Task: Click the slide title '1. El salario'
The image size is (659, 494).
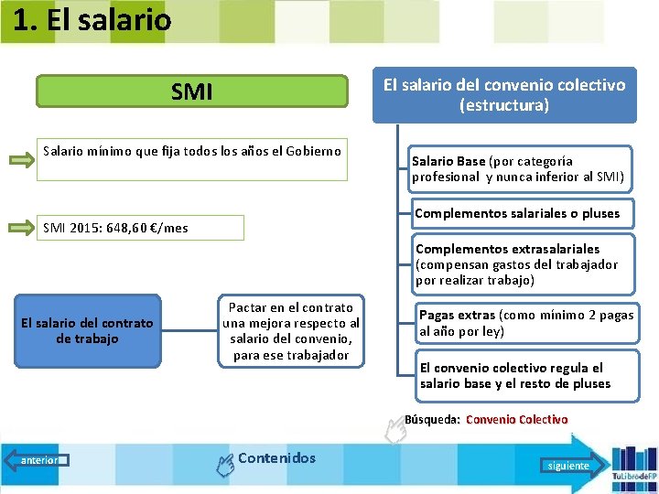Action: click(x=92, y=19)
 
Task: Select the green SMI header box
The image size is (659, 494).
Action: click(x=192, y=91)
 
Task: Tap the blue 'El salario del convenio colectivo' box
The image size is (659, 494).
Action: click(x=503, y=94)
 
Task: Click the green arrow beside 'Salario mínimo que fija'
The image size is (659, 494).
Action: click(x=21, y=161)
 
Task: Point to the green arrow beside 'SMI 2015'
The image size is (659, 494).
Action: click(x=21, y=227)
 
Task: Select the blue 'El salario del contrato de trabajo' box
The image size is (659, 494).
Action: click(x=87, y=331)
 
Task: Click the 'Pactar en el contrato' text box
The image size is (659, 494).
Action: click(x=291, y=331)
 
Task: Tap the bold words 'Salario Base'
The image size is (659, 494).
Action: click(x=448, y=161)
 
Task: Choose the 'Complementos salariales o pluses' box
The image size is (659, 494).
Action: click(x=517, y=213)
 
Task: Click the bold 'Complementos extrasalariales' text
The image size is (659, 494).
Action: click(x=507, y=249)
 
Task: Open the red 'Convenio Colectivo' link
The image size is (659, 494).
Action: click(x=516, y=420)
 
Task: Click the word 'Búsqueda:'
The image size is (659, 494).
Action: click(x=432, y=420)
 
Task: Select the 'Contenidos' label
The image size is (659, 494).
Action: click(x=276, y=458)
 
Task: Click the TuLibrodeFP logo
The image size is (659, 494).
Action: click(x=633, y=465)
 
